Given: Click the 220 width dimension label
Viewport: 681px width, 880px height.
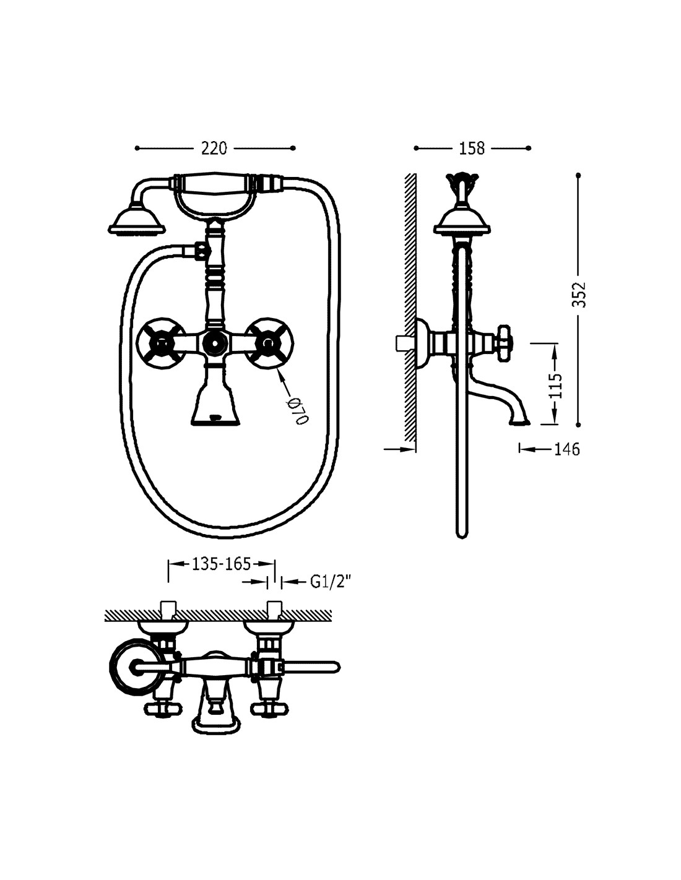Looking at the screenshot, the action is click(214, 149).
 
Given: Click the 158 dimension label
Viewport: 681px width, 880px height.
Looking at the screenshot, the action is click(472, 149).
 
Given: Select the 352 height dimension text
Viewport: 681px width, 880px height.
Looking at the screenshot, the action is click(579, 294).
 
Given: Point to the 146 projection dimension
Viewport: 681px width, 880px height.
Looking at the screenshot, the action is click(567, 449).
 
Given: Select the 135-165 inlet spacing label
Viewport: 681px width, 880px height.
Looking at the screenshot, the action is click(221, 564).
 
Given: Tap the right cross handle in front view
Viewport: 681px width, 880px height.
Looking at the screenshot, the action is click(269, 343).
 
